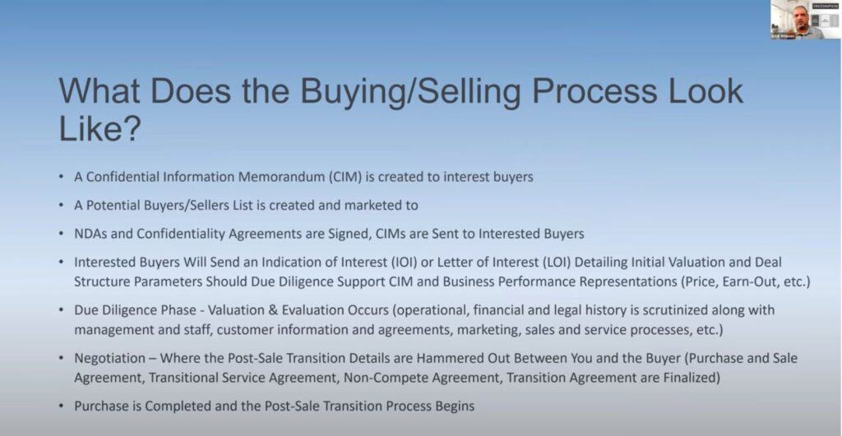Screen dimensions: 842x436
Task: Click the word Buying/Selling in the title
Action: [x=409, y=92]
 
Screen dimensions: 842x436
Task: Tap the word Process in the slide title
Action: [x=594, y=92]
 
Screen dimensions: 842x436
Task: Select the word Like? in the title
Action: [x=99, y=128]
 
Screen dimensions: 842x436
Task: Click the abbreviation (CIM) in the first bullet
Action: [x=345, y=177]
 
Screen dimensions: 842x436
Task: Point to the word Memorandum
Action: [x=281, y=177]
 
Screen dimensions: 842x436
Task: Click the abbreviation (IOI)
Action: [x=404, y=262]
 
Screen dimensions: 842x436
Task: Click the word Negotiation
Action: [x=109, y=358]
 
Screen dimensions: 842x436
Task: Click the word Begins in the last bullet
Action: [x=455, y=406]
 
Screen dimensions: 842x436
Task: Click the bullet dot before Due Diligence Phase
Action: [x=62, y=310]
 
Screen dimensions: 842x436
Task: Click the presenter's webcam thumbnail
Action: [x=805, y=20]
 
